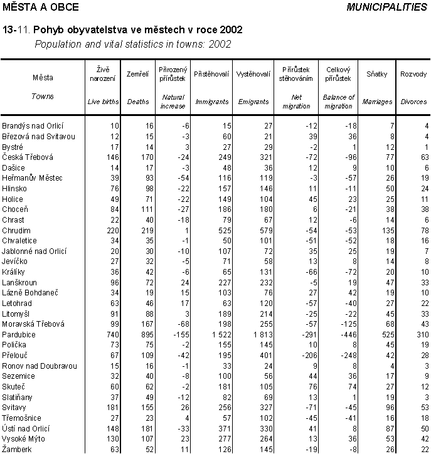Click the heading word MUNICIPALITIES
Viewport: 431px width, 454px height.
coord(386,7)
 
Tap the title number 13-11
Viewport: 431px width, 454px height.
coord(17,29)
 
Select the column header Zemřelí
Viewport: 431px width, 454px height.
coord(137,74)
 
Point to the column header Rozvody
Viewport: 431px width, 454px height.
coord(413,74)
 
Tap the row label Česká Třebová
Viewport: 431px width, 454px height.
coord(28,157)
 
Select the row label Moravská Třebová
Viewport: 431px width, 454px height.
coord(33,325)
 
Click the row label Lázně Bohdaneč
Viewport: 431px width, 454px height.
coord(29,293)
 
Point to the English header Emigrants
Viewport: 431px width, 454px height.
coord(253,101)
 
